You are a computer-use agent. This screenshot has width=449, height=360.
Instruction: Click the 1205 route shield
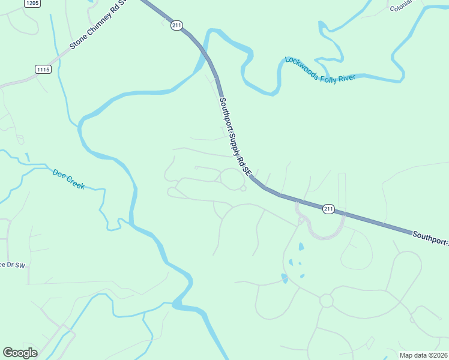33,4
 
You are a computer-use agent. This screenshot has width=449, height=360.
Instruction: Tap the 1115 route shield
43,70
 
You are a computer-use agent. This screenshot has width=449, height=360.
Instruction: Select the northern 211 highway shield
176,25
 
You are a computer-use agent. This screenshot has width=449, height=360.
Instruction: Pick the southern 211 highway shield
328,209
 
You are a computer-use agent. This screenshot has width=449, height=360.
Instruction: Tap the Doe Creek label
68,179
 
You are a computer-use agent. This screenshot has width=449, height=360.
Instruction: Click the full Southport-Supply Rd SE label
235,136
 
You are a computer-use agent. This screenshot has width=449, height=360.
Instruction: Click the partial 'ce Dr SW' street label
13,265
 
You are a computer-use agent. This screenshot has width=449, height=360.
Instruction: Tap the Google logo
20,353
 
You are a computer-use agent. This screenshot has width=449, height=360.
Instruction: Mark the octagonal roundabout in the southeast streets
326,300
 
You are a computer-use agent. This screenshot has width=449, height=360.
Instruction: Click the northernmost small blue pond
301,246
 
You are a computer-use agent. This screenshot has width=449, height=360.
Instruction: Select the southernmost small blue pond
284,278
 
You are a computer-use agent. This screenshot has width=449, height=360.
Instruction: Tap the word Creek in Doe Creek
76,182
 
